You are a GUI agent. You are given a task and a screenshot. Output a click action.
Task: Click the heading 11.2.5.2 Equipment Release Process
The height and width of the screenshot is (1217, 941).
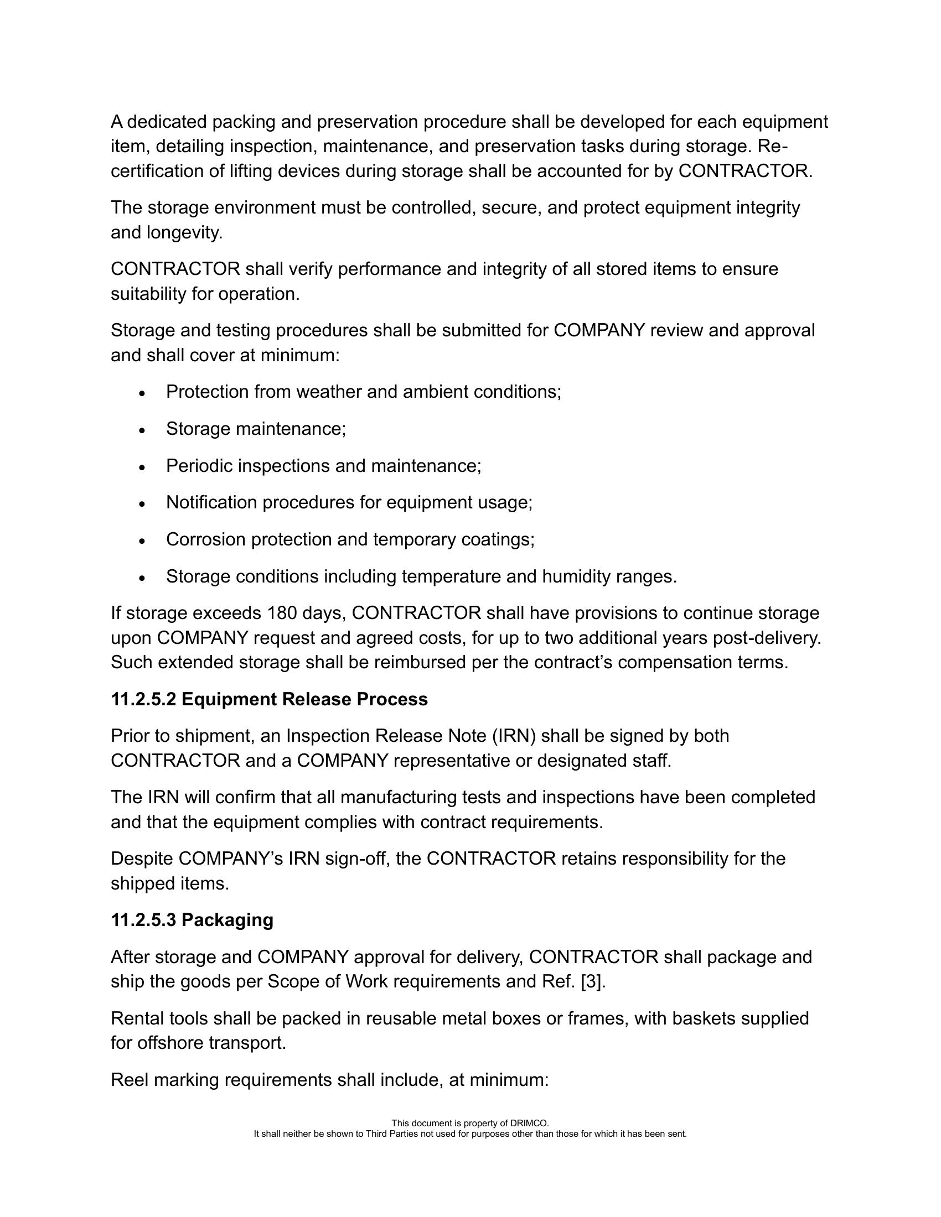269,699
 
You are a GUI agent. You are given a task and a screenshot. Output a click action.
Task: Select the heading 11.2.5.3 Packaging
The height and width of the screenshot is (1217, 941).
192,920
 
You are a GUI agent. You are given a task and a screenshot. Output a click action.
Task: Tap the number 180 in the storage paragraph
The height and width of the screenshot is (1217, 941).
282,613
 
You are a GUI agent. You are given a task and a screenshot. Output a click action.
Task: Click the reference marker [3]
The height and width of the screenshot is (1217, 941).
592,981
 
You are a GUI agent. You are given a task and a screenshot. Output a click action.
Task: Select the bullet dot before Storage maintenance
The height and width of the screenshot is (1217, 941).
143,430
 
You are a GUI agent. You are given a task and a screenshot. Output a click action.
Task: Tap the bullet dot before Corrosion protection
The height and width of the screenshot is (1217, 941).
143,540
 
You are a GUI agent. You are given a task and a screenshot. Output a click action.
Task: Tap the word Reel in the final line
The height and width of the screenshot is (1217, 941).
130,1080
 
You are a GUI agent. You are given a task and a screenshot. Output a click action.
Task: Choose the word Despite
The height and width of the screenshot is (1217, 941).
142,859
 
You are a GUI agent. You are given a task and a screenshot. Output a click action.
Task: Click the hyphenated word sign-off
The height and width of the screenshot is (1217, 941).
358,859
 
